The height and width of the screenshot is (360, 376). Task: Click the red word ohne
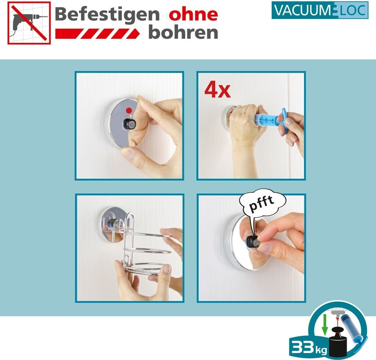pos(193,14)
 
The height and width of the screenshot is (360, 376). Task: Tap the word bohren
pos(183,33)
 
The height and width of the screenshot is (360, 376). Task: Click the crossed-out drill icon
pos(29,23)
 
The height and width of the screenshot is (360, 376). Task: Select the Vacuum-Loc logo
pos(320,10)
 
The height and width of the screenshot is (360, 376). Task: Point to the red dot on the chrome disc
pos(129,110)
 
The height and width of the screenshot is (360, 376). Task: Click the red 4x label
pos(217,91)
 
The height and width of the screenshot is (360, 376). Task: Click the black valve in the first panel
pos(130,124)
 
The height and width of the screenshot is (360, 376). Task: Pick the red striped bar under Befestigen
pos(97,33)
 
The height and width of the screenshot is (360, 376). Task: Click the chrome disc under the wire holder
pos(113,225)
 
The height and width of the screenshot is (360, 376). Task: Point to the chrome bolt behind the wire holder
pos(115,224)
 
